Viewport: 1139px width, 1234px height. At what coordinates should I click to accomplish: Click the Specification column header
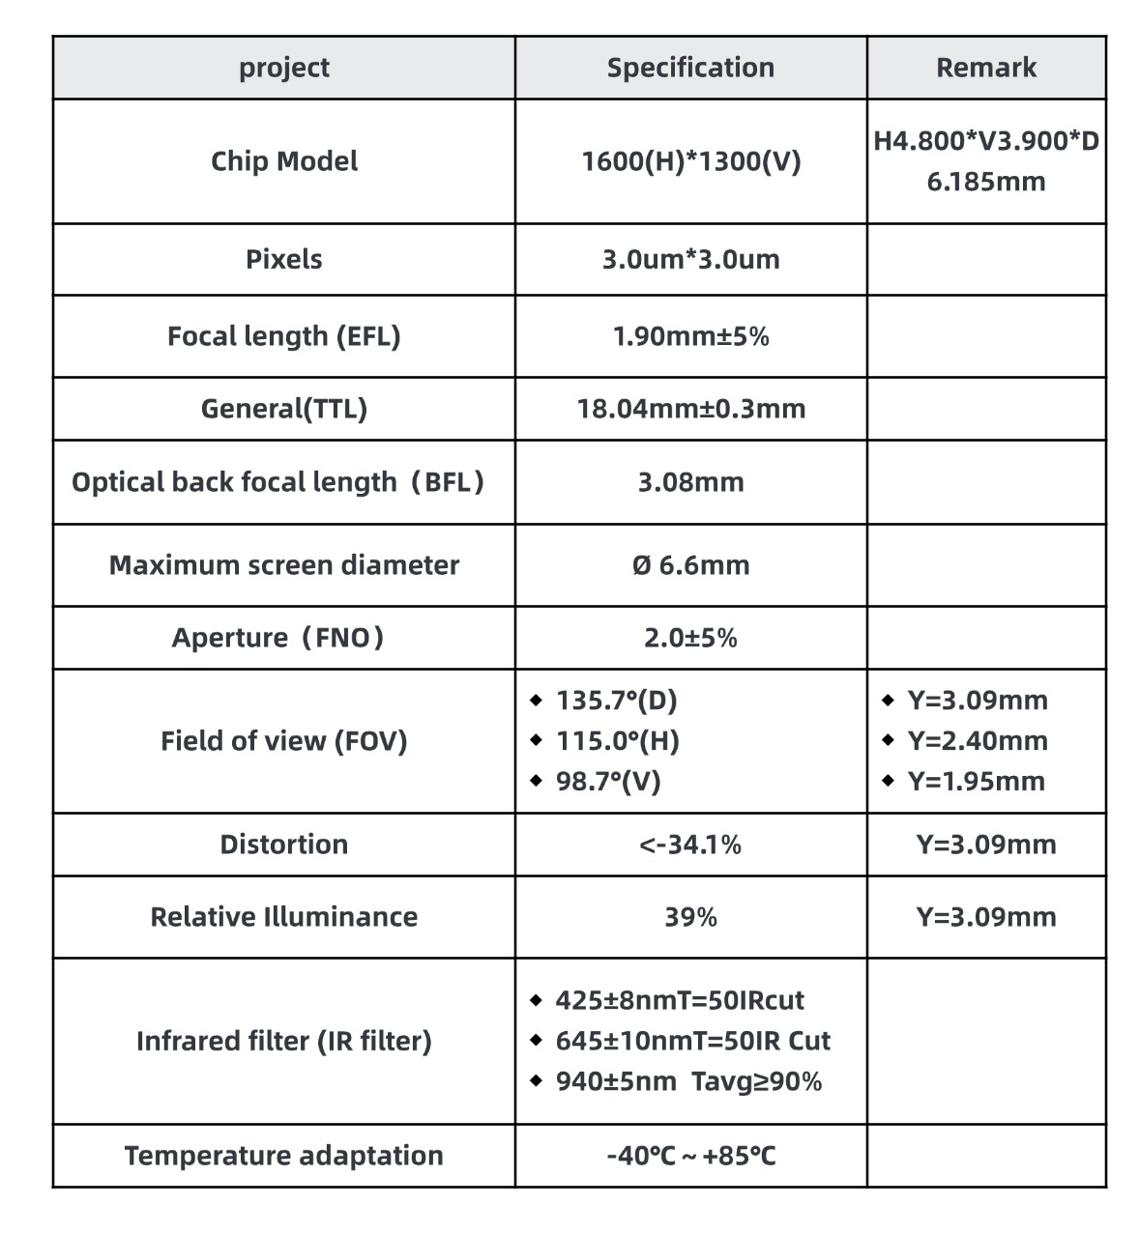click(x=690, y=68)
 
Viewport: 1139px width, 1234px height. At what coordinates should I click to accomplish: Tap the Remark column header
click(x=985, y=68)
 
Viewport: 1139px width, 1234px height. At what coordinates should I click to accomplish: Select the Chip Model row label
click(x=284, y=161)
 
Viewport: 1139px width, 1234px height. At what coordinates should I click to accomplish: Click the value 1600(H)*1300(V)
click(x=690, y=161)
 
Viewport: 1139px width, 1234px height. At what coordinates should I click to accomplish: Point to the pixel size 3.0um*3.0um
click(x=690, y=259)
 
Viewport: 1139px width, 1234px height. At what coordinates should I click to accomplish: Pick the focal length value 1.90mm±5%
click(x=690, y=336)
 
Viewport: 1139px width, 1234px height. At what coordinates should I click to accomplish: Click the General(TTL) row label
click(x=284, y=409)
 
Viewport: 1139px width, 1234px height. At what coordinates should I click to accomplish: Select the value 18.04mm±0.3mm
click(x=690, y=409)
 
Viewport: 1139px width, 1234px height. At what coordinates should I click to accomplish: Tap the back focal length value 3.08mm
click(x=690, y=482)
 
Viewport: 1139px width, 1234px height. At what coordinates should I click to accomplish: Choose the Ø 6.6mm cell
click(x=690, y=565)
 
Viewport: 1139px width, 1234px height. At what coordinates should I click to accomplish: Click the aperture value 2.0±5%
click(x=690, y=638)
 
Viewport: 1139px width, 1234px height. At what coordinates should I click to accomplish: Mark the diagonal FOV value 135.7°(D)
click(x=616, y=701)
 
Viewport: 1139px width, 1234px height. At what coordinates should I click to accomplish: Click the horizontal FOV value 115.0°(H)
click(x=617, y=741)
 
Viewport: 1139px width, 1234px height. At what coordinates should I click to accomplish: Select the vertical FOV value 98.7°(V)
click(x=607, y=782)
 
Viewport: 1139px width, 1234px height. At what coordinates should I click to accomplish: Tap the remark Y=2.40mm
click(x=977, y=741)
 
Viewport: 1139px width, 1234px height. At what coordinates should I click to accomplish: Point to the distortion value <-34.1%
click(x=690, y=845)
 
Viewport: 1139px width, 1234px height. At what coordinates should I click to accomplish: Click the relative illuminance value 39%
click(x=690, y=917)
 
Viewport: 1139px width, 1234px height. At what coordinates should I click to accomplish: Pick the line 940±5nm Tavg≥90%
click(x=687, y=1081)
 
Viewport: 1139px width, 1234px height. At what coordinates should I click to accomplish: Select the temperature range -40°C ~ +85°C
click(x=690, y=1156)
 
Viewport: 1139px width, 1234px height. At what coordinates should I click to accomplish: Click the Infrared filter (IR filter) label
click(x=284, y=1041)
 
